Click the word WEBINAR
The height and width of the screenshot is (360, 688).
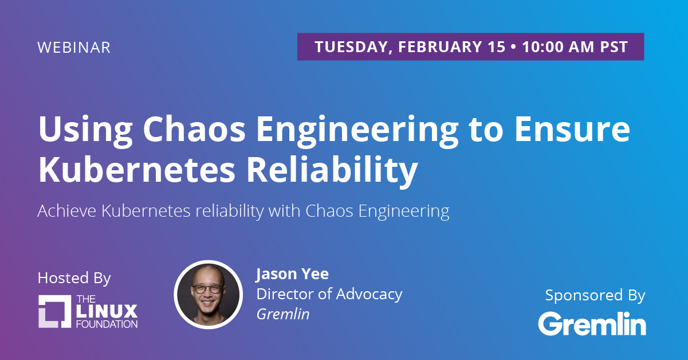(74, 48)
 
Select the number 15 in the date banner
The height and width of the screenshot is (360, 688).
(496, 47)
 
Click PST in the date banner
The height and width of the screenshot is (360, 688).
(614, 47)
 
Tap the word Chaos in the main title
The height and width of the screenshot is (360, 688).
(194, 128)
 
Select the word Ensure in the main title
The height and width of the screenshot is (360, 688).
(572, 128)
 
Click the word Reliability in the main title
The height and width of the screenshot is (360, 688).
(332, 170)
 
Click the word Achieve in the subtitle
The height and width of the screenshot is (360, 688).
(66, 211)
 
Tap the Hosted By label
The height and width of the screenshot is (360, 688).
(74, 278)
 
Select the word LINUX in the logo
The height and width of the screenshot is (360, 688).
(107, 312)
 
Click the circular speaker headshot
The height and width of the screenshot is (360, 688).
(209, 295)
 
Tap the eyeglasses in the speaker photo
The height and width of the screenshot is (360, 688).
(207, 289)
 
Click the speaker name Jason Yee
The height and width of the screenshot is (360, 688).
(292, 274)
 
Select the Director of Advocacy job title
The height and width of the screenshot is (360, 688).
(329, 294)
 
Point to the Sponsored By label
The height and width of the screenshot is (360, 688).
(595, 295)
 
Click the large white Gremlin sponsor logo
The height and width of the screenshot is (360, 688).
(592, 324)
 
